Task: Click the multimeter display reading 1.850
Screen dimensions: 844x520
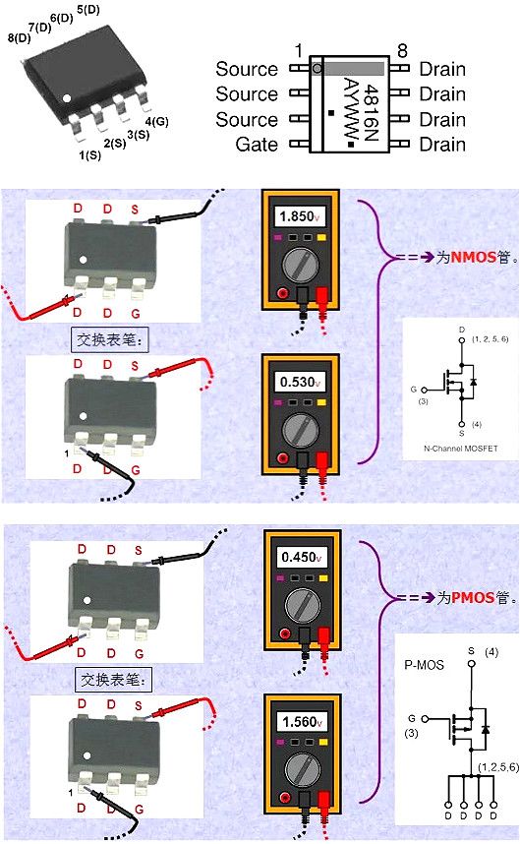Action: pos(296,216)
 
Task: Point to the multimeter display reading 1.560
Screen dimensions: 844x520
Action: pos(298,722)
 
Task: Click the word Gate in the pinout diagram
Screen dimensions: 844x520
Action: pos(257,145)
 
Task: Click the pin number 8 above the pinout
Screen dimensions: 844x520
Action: pos(402,51)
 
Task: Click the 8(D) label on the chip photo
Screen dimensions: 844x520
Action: pos(18,38)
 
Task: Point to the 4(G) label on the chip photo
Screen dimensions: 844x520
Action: pos(156,121)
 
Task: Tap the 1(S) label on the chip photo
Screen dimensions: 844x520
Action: pos(88,154)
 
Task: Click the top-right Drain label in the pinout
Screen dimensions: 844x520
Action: pos(442,69)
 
